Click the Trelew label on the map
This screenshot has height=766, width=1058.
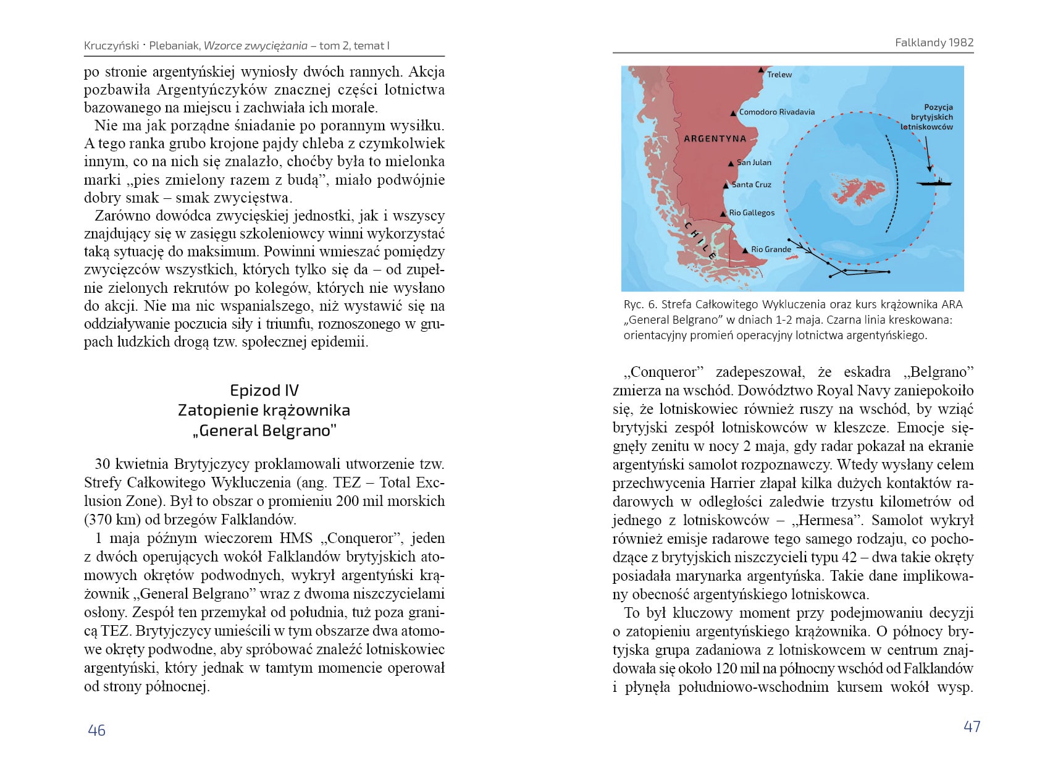click(x=779, y=75)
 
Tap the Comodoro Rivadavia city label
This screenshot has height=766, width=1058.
click(x=776, y=112)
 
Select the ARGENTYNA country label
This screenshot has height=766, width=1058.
click(x=715, y=138)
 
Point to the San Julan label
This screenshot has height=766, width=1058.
click(x=754, y=162)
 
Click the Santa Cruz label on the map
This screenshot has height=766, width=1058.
click(x=751, y=185)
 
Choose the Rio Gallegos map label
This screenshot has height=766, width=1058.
click(x=751, y=213)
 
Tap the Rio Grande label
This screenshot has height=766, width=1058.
click(x=771, y=250)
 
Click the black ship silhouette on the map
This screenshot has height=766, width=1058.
click(x=934, y=182)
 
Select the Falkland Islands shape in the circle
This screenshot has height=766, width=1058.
click(x=858, y=191)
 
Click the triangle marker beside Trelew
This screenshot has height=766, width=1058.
click(x=762, y=70)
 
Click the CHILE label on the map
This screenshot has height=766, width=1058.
click(x=700, y=240)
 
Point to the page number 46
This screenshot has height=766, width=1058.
click(x=96, y=730)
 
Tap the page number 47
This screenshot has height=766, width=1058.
click(x=972, y=726)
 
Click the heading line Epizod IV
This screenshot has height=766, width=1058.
click(x=264, y=390)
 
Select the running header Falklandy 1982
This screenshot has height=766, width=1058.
click(x=934, y=43)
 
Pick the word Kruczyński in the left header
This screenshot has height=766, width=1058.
click(x=111, y=46)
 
